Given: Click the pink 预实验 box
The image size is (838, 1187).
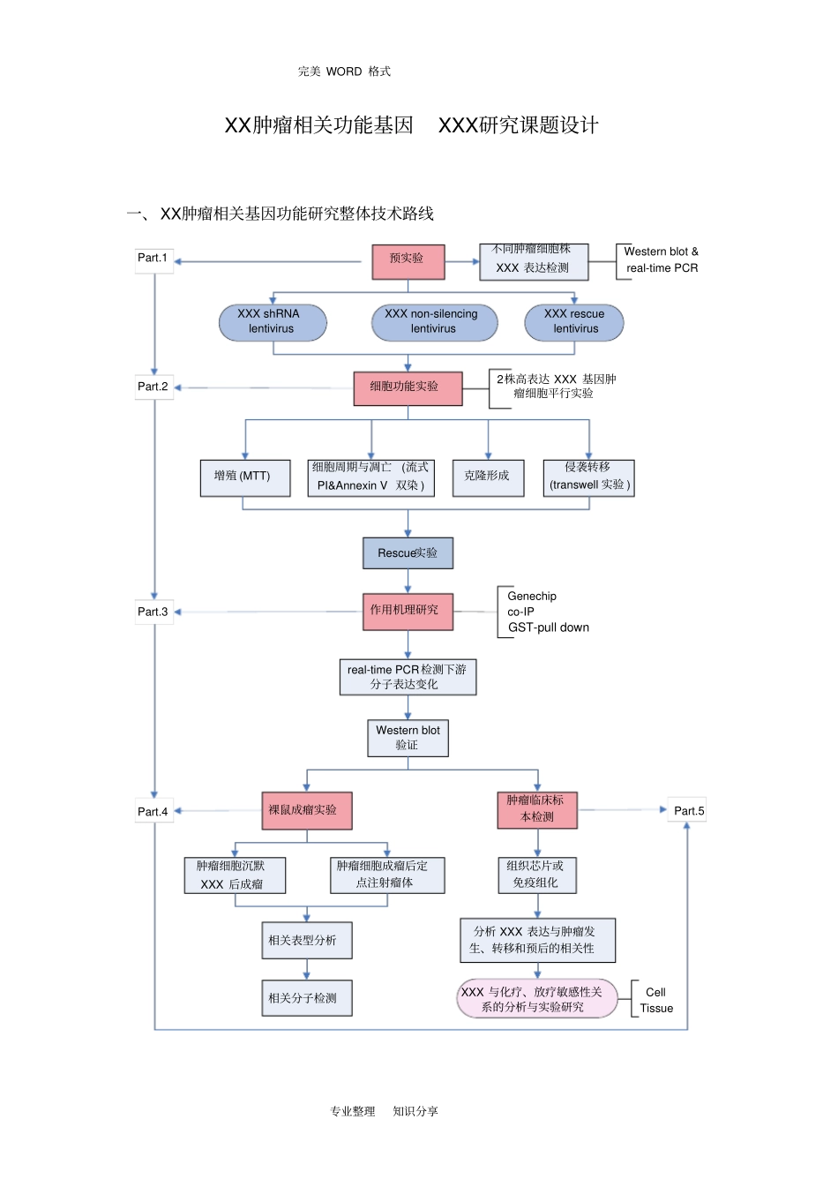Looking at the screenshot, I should click(408, 261).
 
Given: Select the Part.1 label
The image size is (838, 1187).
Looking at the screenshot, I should click(153, 259).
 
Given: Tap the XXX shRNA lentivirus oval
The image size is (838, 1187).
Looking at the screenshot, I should click(273, 322).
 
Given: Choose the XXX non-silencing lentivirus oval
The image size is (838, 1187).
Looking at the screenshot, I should click(434, 322).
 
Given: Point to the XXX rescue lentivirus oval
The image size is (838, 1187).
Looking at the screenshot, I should click(574, 322).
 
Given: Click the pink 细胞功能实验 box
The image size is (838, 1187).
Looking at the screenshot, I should click(408, 387).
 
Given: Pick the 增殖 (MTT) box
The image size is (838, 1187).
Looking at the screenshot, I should click(245, 477).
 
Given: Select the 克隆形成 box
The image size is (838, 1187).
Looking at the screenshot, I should click(487, 477).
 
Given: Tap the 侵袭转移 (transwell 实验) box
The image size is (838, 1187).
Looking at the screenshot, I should click(589, 477).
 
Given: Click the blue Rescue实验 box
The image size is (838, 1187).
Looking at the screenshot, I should click(408, 553).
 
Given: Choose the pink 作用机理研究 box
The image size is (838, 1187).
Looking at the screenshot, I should click(408, 611).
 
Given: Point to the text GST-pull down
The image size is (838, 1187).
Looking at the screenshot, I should click(548, 627).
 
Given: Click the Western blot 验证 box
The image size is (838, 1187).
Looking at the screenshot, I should click(408, 738).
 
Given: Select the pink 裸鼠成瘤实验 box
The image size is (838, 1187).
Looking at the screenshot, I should click(306, 810).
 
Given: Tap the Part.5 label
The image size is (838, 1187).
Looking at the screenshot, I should click(688, 810).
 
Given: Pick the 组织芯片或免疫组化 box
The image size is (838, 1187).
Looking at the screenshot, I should click(536, 874).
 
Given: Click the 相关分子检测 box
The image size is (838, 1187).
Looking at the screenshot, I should click(306, 998).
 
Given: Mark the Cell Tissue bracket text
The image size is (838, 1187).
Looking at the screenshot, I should click(655, 1000).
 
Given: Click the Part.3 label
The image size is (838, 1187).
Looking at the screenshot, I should click(153, 612).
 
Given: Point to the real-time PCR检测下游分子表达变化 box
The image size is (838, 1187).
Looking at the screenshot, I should click(408, 677).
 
